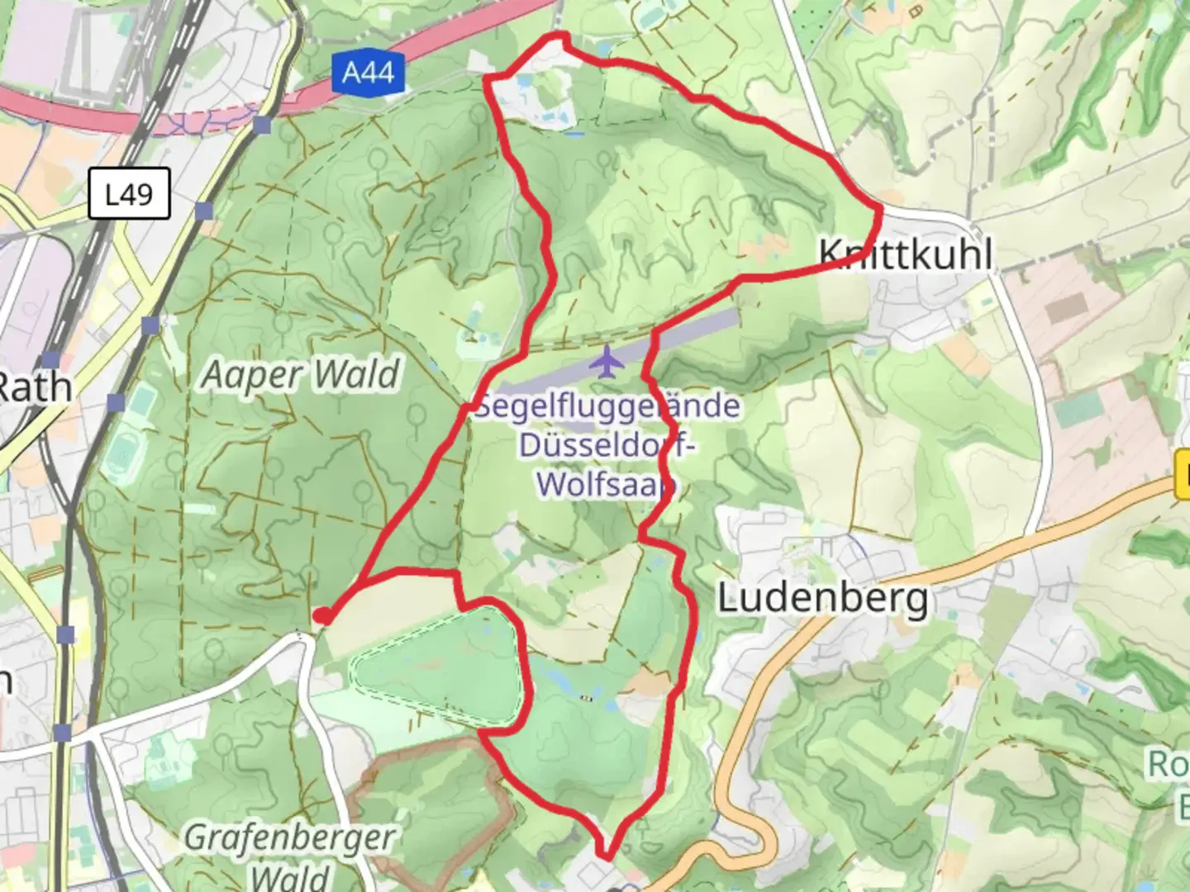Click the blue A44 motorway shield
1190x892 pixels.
pyautogui.click(x=368, y=73)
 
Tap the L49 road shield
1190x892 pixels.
pyautogui.click(x=129, y=194)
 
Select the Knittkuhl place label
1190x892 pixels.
pyautogui.click(x=906, y=253)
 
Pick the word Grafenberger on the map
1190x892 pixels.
pyautogui.click(x=289, y=837)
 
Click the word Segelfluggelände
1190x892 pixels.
pyautogui.click(x=607, y=406)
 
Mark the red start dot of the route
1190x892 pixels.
pyautogui.click(x=323, y=615)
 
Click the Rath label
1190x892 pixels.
pyautogui.click(x=33, y=387)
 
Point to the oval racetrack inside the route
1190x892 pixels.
pyautogui.click(x=438, y=669)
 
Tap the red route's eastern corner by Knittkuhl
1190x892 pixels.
pyautogui.click(x=881, y=211)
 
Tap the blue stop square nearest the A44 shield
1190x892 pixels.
pyautogui.click(x=263, y=126)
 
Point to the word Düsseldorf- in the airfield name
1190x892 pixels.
pyautogui.click(x=607, y=445)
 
